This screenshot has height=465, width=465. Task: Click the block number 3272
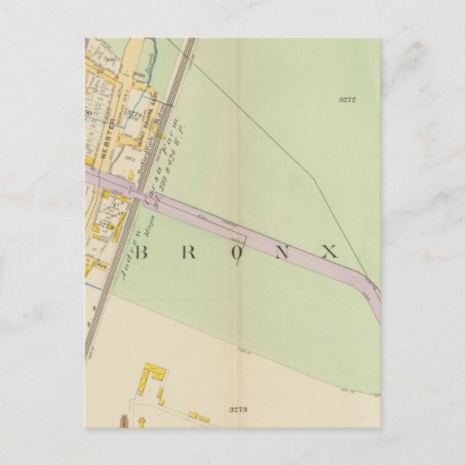tap(347, 100)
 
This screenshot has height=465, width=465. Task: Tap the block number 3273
tap(238, 409)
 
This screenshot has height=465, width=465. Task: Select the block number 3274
tap(134, 113)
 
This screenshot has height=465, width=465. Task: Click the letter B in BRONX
tap(142, 252)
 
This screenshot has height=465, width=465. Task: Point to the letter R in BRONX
tap(186, 252)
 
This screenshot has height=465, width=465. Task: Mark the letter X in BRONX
tap(329, 252)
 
